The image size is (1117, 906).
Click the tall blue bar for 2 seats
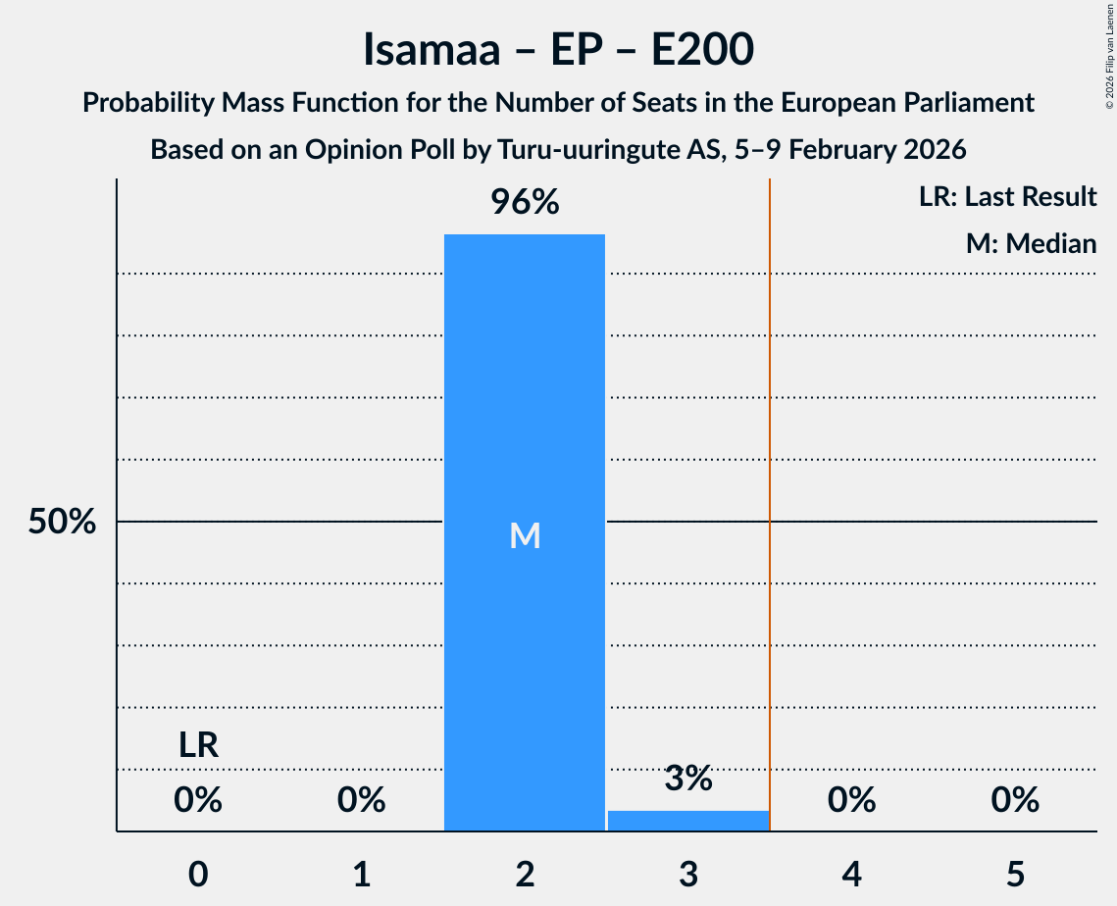tap(525, 392)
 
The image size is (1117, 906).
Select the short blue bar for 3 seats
tap(688, 821)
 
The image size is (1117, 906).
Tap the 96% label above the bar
tap(525, 203)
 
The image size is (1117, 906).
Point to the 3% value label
tap(688, 779)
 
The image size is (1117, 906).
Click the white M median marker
tap(526, 535)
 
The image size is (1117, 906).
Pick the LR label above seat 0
tap(198, 745)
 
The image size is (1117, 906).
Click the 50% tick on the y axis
tap(62, 522)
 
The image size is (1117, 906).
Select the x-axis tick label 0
tap(198, 874)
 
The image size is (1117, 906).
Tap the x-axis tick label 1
tap(362, 874)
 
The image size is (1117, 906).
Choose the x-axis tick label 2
tap(525, 874)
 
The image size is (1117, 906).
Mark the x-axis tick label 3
tap(688, 874)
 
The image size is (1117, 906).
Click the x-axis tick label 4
tap(851, 874)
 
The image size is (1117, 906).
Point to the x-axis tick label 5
tap(1015, 874)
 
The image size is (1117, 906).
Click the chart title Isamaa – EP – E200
tap(558, 49)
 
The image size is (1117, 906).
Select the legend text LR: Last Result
tap(1007, 197)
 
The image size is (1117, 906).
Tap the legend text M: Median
tap(1031, 243)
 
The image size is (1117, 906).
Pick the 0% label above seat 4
tap(851, 801)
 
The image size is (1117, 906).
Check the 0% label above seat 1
tap(362, 801)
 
